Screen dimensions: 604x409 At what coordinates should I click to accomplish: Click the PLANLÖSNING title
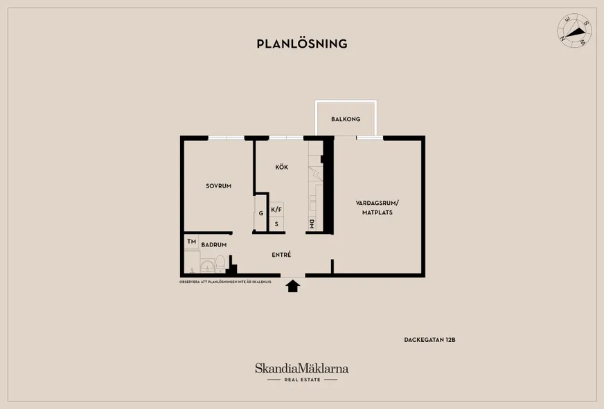[302, 44]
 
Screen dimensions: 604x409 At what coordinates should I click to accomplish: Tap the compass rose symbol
[574, 30]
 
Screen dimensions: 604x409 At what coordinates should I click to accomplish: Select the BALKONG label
[346, 119]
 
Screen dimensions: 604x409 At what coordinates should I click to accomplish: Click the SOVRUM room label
[218, 186]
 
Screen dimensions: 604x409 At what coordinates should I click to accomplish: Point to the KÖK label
[282, 167]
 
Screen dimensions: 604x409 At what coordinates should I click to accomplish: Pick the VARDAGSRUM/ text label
[377, 203]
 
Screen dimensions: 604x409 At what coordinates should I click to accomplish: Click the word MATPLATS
[377, 212]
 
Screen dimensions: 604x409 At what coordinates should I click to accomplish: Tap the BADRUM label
[214, 245]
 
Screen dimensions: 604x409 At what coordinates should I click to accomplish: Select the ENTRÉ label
[281, 255]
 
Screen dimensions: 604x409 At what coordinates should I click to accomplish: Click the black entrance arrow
[293, 286]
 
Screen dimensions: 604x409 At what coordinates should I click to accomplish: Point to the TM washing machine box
[191, 242]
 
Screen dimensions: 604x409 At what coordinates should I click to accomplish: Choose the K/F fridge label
[276, 210]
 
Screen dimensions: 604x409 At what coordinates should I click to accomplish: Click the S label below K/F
[276, 224]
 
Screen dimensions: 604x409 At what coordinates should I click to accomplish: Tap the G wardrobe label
[260, 213]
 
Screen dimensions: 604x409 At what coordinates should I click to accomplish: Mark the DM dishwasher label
[312, 224]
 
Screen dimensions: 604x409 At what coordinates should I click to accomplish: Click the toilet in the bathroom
[220, 263]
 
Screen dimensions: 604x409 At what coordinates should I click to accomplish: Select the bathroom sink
[207, 266]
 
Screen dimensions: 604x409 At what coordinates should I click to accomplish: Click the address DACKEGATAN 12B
[430, 340]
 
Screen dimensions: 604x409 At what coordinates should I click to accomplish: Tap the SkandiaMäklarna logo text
[301, 369]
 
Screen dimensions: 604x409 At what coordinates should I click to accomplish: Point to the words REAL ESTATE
[303, 380]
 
